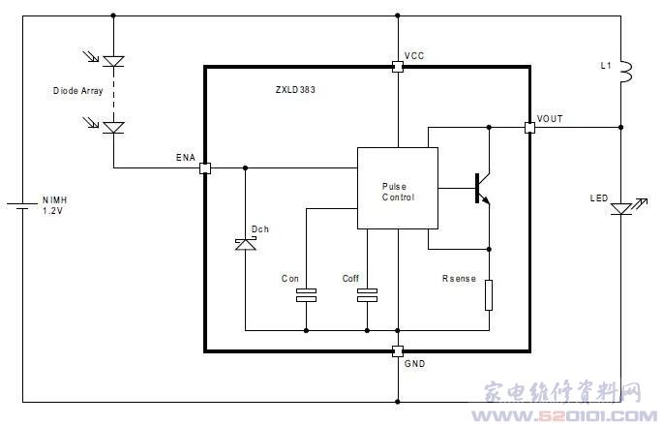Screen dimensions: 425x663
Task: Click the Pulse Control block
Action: [x=397, y=188]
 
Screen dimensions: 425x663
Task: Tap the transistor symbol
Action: [x=481, y=188]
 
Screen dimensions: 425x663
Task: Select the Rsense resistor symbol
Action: [x=489, y=294]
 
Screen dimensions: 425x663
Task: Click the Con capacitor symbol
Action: [x=306, y=295]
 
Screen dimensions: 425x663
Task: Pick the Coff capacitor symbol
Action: [x=367, y=295]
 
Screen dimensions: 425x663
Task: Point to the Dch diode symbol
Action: [x=245, y=246]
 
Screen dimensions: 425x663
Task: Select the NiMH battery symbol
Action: [x=20, y=205]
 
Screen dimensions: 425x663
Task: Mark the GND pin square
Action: [x=397, y=351]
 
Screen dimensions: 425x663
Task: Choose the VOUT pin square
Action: [x=529, y=127]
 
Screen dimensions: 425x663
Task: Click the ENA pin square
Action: [x=205, y=167]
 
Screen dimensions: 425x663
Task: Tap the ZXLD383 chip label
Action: [x=295, y=90]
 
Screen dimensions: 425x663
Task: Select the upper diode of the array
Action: [x=113, y=60]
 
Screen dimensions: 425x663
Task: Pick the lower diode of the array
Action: [x=113, y=126]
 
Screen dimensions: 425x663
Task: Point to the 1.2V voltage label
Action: [x=55, y=210]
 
